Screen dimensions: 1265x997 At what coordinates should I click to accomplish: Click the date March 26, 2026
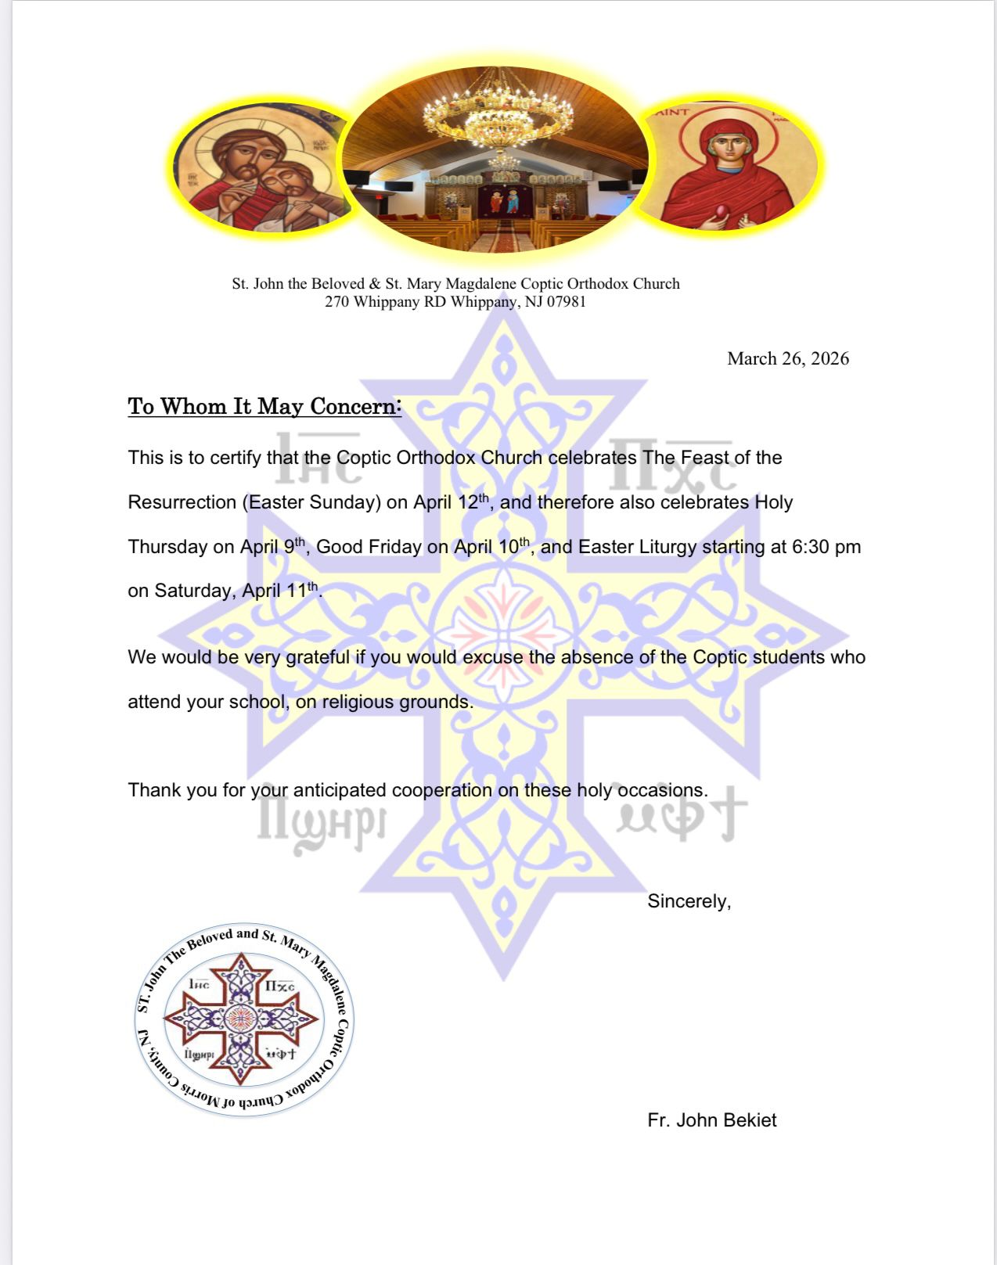tap(787, 359)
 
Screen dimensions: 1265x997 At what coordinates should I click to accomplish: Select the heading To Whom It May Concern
tap(265, 407)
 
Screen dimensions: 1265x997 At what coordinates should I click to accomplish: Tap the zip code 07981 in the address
tap(566, 302)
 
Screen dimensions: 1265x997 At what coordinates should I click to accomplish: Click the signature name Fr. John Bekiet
tap(711, 1120)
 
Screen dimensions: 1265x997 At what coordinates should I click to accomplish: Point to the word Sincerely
tap(689, 901)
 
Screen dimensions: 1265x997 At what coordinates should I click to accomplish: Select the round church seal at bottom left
tap(243, 1019)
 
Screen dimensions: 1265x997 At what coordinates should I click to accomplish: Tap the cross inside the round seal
tap(242, 1019)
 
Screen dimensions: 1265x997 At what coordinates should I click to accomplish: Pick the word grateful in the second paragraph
tap(318, 657)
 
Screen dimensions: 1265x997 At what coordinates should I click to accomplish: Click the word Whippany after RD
tap(477, 302)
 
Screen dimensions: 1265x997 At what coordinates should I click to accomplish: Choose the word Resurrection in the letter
tap(182, 502)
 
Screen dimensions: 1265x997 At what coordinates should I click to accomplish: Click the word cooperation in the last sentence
tap(441, 790)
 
